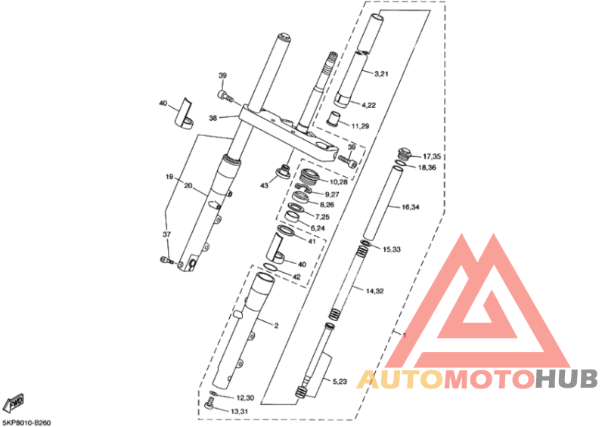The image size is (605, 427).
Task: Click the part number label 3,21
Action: (381, 73)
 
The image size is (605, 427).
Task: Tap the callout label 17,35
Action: (432, 156)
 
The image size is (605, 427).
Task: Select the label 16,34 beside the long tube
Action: (411, 207)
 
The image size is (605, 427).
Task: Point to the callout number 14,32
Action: (374, 291)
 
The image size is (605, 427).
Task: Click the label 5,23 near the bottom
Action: (340, 382)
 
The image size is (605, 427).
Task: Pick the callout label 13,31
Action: (239, 412)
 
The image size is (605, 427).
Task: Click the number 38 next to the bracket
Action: (213, 118)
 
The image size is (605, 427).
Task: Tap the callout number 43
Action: (264, 185)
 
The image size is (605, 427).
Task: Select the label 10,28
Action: (338, 181)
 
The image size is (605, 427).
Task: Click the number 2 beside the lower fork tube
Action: (276, 326)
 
